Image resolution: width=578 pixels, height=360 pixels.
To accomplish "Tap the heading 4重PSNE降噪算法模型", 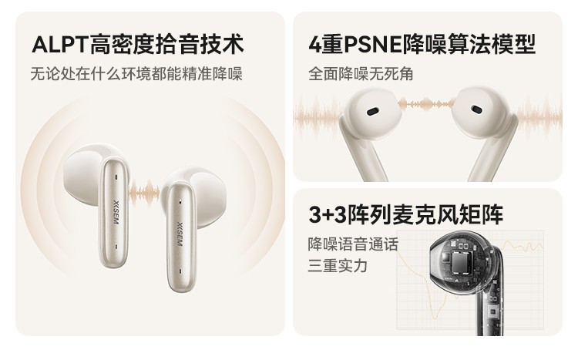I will pos(422,44).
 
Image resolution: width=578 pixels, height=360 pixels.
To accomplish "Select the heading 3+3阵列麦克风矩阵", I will pos(405,214).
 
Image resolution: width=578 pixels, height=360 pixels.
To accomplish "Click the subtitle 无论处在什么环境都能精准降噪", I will pos(136,75).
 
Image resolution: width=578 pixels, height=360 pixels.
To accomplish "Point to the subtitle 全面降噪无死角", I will pos(361,75).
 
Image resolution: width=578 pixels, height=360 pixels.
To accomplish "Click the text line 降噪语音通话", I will pos(353,244).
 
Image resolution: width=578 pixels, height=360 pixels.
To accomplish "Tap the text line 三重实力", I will pos(338,266).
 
